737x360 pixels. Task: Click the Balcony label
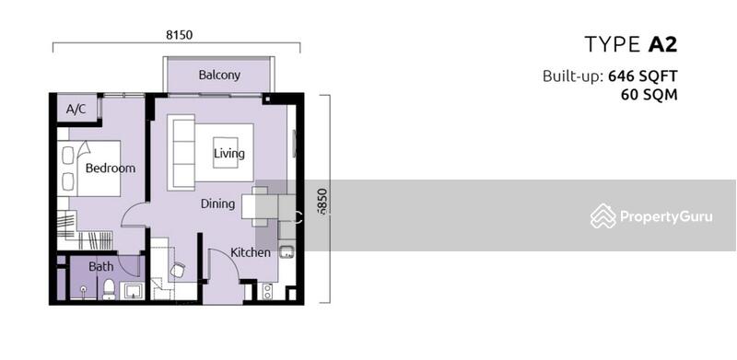[x=219, y=75]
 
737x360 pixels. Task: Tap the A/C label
[x=76, y=110]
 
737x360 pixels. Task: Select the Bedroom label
[x=111, y=168]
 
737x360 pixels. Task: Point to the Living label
[x=228, y=153]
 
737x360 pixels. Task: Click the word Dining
[x=217, y=203]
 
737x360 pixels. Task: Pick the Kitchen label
[x=251, y=252]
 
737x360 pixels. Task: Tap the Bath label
[x=101, y=266]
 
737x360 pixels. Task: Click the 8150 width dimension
[x=180, y=35]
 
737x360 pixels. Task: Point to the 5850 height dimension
[x=322, y=202]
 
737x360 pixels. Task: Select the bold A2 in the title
[x=662, y=44]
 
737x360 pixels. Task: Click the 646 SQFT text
[x=642, y=75]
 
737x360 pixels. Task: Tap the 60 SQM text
[x=649, y=95]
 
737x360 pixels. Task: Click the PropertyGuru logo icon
[x=603, y=215]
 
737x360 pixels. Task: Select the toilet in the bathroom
[x=109, y=288]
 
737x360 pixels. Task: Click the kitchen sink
[x=287, y=252]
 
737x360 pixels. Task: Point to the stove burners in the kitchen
[x=267, y=291]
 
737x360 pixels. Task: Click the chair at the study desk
[x=177, y=270]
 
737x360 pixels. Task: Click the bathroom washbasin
[x=133, y=291]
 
